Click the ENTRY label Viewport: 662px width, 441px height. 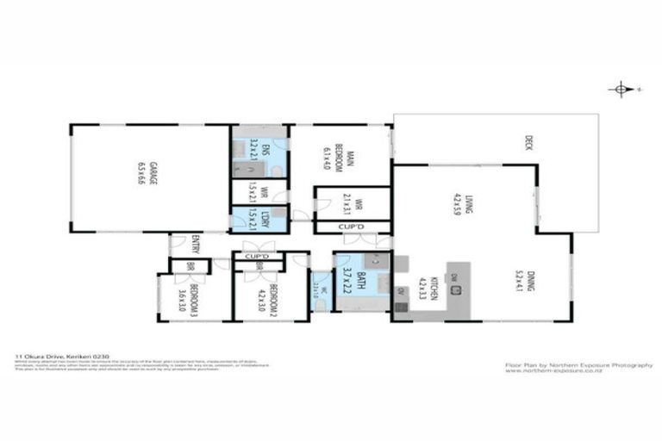click(x=196, y=243)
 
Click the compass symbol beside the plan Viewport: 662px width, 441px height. click(x=620, y=89)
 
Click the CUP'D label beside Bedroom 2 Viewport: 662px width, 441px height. click(x=257, y=257)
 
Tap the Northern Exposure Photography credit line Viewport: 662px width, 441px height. click(x=578, y=364)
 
